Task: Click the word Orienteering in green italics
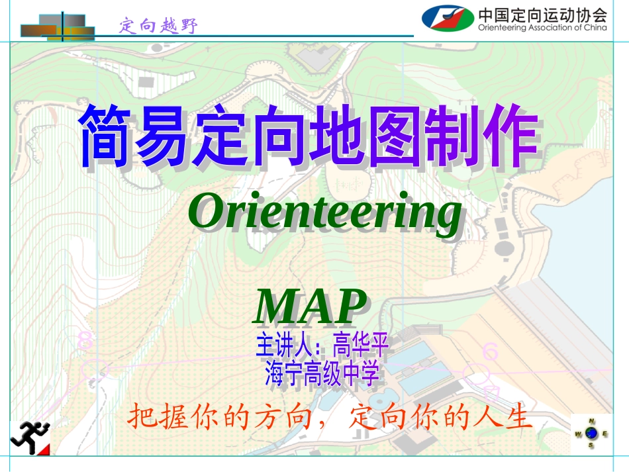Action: (x=324, y=212)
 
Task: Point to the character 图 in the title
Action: (x=393, y=137)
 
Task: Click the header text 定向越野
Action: (x=159, y=26)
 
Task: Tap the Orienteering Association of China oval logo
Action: (x=448, y=18)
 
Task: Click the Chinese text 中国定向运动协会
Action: (x=542, y=14)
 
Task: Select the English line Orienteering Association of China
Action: (x=542, y=28)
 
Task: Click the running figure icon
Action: (x=30, y=437)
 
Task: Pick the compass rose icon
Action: (x=591, y=434)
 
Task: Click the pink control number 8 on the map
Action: (x=85, y=340)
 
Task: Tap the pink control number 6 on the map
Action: (x=490, y=352)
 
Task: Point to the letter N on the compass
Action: (x=592, y=421)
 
